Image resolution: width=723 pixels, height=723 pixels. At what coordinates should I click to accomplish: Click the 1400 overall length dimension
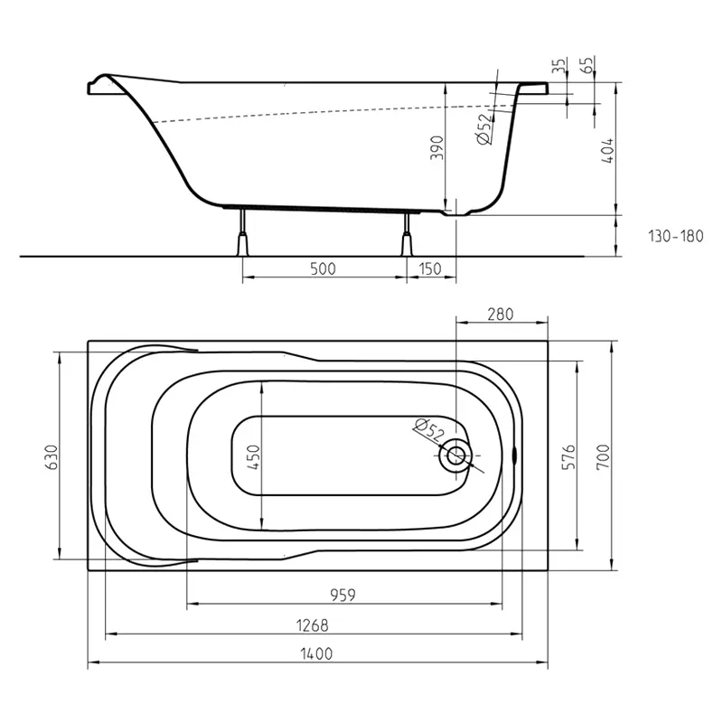pos(316,653)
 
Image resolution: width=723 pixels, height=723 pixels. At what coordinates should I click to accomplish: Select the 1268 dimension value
pos(312,625)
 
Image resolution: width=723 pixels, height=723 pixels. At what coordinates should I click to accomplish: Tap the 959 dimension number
pos(343,596)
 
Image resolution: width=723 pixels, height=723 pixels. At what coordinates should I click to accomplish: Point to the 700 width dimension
pos(603,457)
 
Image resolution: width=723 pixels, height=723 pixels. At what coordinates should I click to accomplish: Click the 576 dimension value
pos(569,457)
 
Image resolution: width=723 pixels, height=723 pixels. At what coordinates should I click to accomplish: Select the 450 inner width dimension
pos(254,457)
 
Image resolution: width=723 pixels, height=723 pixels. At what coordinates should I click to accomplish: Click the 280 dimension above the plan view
pos(501,315)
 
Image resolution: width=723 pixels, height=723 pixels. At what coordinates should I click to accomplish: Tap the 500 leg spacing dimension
pos(323,268)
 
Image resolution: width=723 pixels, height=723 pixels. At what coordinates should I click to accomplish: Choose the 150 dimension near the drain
pos(430,268)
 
